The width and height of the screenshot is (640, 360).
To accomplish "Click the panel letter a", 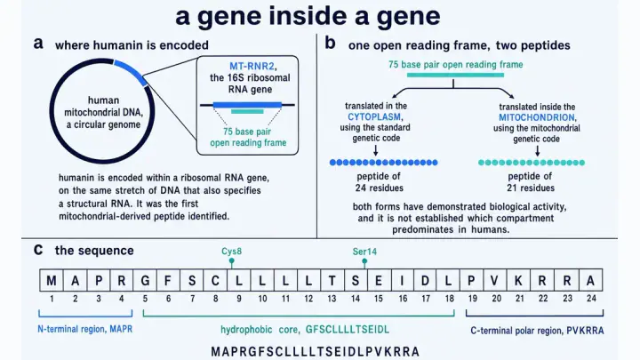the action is pos(38,44).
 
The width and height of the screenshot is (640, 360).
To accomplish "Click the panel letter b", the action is pos(330,43).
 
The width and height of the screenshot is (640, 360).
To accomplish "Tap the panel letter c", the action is pos(38,250).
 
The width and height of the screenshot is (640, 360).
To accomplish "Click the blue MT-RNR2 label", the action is pos(252,66).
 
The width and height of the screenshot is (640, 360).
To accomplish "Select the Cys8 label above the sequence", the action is pos(231,252).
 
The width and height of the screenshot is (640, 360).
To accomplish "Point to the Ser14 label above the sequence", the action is pos(364,252).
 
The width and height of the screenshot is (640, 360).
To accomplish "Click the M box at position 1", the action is pos(52,280).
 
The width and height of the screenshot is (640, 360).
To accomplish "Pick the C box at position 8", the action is pos(215,280).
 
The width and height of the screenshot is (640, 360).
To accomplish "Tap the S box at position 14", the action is pos(356,280).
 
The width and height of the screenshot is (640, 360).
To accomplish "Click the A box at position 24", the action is pos(590,280).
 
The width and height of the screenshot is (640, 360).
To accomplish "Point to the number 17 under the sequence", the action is pos(426,299).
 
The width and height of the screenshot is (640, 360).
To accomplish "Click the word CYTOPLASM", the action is pos(374,116).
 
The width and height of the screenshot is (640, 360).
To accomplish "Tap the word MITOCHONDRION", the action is pos(537,117).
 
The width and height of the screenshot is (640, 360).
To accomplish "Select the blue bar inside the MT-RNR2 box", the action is pos(247,105).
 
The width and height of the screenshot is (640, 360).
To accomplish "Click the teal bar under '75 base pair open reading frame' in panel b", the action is pos(455,75).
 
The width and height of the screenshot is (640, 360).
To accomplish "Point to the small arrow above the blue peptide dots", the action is pos(375,150).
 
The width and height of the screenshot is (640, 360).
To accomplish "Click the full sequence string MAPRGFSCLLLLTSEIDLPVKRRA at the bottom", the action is pos(315,351).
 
